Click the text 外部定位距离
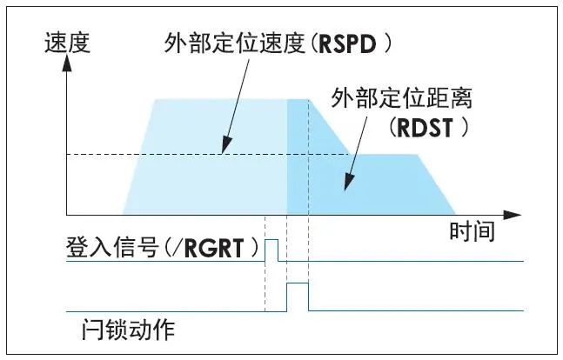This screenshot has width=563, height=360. coord(386,97)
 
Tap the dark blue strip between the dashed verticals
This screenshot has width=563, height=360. coord(298,157)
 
